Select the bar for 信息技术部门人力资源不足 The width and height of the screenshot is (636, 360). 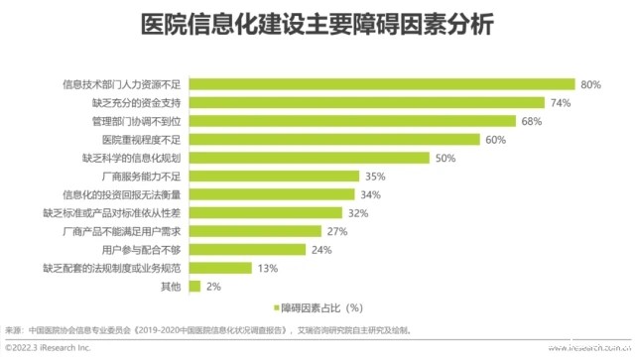tap(381, 84)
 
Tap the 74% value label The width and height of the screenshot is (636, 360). tap(562, 102)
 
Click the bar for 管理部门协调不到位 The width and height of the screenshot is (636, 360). tap(351, 121)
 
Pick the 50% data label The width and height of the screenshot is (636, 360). tap(445, 158)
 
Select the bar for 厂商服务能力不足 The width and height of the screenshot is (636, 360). tap(272, 177)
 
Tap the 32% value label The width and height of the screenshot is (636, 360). tap(358, 213)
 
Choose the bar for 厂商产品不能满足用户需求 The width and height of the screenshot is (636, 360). tap(253, 231)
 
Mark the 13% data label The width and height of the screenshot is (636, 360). tap(267, 269)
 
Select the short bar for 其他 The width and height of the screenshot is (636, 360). tap(191, 287)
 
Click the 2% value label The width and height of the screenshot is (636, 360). tap(211, 287)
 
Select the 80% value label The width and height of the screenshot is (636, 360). tap(591, 84)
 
